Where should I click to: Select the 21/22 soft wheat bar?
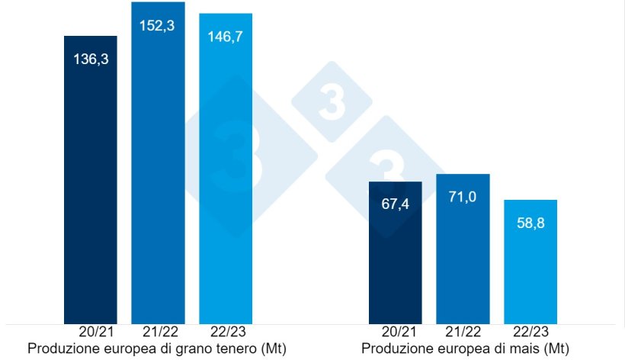coord(158,175)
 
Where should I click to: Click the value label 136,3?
coord(91,58)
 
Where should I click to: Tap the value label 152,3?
coord(158,24)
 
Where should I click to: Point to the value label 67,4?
coord(396,204)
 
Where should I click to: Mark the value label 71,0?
coord(463,197)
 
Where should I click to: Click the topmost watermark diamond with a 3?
coord(332,102)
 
